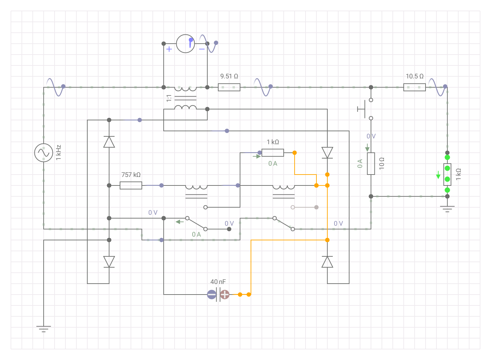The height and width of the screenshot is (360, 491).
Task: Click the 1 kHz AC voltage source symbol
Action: [44, 153]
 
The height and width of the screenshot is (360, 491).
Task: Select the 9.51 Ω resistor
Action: [229, 87]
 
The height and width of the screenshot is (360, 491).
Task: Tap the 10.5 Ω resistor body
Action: [414, 87]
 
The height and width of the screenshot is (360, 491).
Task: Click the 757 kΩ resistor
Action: [131, 185]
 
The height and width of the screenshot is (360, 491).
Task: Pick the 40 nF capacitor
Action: [218, 294]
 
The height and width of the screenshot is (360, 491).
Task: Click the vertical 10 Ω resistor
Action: [371, 164]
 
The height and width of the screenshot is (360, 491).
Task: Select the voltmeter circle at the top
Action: [185, 44]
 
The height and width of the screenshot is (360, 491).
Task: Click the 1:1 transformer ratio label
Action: [169, 98]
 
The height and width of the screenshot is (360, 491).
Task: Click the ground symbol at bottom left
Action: [44, 329]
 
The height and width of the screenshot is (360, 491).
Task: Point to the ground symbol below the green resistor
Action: [447, 209]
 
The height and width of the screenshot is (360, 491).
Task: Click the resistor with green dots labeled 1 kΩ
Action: [447, 174]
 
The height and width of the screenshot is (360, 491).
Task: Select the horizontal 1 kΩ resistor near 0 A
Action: [273, 153]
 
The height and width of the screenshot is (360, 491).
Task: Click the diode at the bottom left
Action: [109, 262]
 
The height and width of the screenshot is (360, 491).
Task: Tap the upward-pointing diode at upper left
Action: [109, 142]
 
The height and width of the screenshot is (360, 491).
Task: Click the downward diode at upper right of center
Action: [327, 153]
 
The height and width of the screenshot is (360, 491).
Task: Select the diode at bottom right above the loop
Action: [327, 262]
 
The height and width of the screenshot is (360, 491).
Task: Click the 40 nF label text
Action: [218, 282]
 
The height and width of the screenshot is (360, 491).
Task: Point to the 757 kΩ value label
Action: [131, 175]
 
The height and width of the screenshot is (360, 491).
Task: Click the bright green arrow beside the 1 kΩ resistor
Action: [438, 175]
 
